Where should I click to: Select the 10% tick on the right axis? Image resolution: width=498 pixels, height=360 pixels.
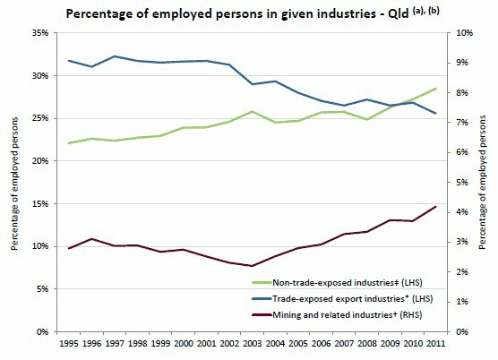(462, 33)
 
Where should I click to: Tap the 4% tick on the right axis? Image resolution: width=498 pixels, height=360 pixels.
(459, 212)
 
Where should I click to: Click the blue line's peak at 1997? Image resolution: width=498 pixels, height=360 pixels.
(115, 56)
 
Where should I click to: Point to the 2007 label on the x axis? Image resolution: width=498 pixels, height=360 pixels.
(345, 342)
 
